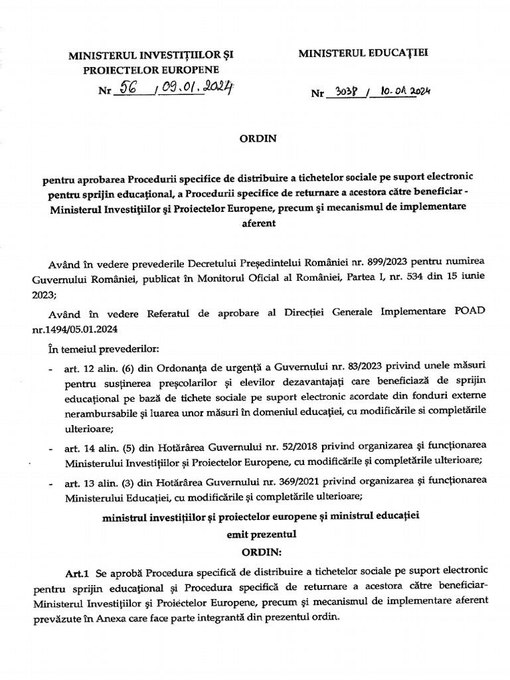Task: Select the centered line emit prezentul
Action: [x=255, y=533]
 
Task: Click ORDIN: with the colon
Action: [x=255, y=552]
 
